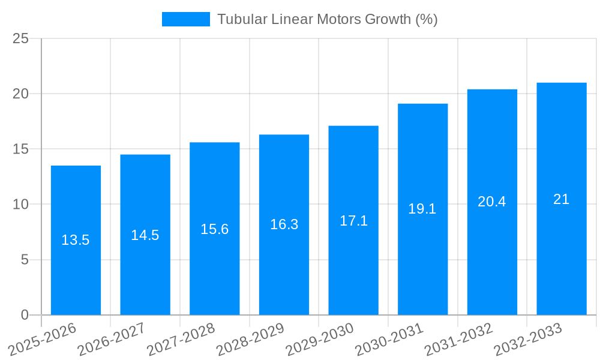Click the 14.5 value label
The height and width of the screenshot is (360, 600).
pos(145,235)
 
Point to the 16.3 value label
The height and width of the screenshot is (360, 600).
pos(284,224)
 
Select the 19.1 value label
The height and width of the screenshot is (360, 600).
pos(422,209)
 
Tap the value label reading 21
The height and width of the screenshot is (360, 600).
pos(561,199)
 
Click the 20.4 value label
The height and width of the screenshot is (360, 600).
pos(492,202)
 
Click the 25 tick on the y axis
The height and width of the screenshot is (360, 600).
pos(21,38)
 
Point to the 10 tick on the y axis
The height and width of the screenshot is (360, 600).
pos(21,205)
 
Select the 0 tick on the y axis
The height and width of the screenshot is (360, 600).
pos(25,315)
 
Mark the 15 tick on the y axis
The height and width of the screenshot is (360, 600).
pos(21,149)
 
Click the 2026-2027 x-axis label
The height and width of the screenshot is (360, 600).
pos(112,340)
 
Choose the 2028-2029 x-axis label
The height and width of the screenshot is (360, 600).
pos(250,340)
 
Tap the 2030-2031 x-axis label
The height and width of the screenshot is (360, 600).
pos(389,340)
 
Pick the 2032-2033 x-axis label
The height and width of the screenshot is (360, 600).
pos(527,340)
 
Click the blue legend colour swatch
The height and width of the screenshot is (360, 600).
pos(186,19)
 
